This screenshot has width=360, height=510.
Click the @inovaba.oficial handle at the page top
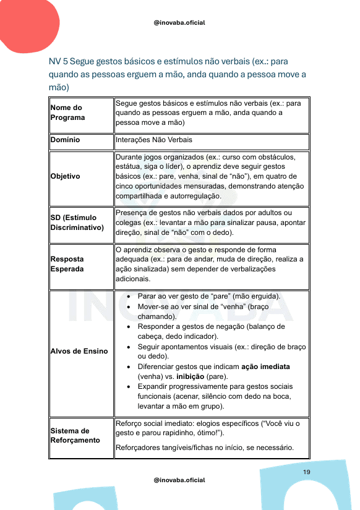(179, 23)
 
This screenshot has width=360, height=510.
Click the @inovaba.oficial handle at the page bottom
(179, 480)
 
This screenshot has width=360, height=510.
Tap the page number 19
(306, 472)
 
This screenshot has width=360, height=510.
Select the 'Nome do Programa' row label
(66, 113)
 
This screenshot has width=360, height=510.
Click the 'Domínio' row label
(66, 140)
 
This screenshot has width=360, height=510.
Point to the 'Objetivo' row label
(66, 176)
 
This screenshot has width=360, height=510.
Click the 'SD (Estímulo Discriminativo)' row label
(77, 223)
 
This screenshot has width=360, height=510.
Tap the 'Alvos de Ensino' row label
(79, 351)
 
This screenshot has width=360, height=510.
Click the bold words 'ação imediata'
(265, 367)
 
